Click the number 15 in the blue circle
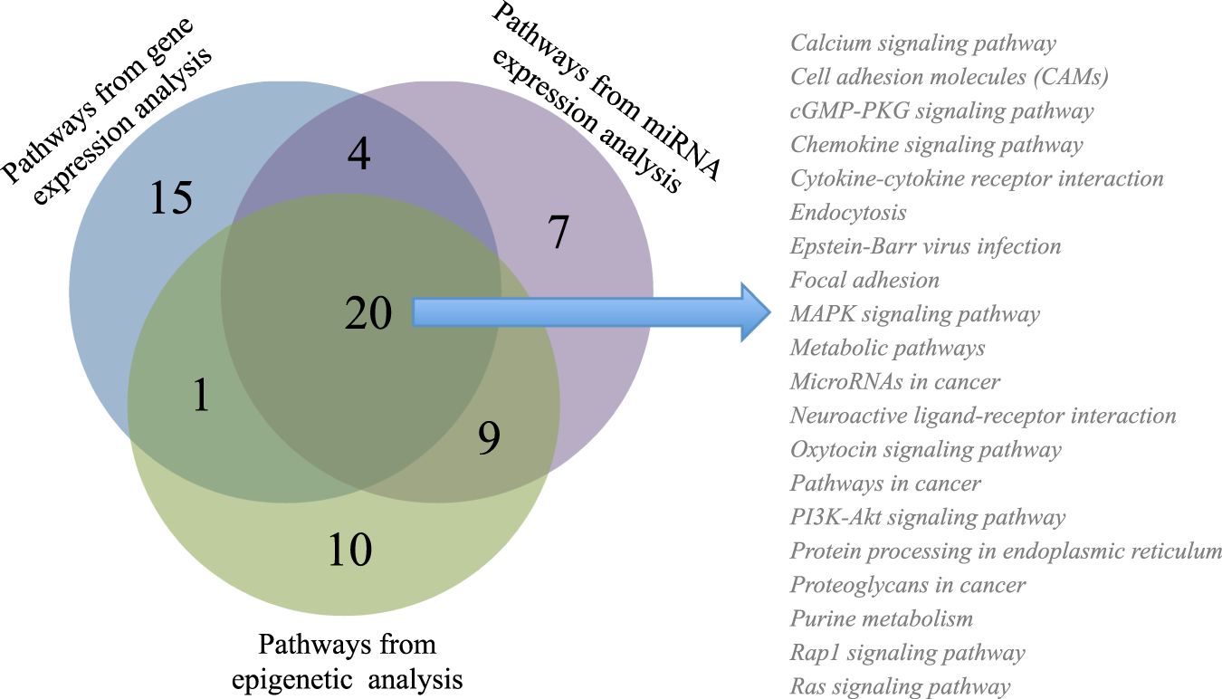click(171, 197)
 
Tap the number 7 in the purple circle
click(558, 234)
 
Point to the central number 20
click(368, 313)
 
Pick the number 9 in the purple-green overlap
click(488, 438)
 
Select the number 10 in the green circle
click(349, 550)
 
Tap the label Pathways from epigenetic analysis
click(348, 661)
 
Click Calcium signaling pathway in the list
click(923, 43)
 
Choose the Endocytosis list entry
click(848, 213)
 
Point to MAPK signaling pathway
click(914, 314)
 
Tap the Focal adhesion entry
click(864, 281)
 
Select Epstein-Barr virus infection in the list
click(925, 246)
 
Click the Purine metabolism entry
click(881, 619)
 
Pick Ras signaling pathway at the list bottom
click(900, 687)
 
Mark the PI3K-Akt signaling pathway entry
click(927, 518)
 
